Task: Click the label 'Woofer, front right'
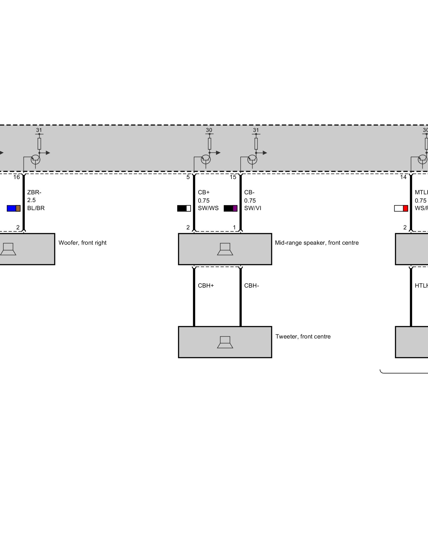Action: point(82,243)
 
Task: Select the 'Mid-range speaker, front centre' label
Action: point(316,243)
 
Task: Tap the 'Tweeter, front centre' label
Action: point(303,337)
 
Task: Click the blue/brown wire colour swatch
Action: point(14,208)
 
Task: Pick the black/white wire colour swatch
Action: point(184,208)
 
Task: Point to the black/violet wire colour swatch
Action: point(231,208)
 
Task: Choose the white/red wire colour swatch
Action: point(401,208)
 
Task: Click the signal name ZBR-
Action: point(34,192)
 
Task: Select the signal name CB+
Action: point(204,192)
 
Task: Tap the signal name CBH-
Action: point(251,286)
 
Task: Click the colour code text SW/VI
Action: point(253,208)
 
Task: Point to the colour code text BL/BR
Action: point(36,208)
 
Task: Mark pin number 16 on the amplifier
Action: point(17,177)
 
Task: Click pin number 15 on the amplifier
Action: point(233,177)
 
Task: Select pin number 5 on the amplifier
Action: point(188,177)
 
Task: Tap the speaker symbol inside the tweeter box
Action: point(225,342)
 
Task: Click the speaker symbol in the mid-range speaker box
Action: point(225,249)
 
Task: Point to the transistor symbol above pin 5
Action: point(206,159)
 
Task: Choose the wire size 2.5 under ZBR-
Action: point(31,200)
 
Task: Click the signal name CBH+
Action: point(206,286)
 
